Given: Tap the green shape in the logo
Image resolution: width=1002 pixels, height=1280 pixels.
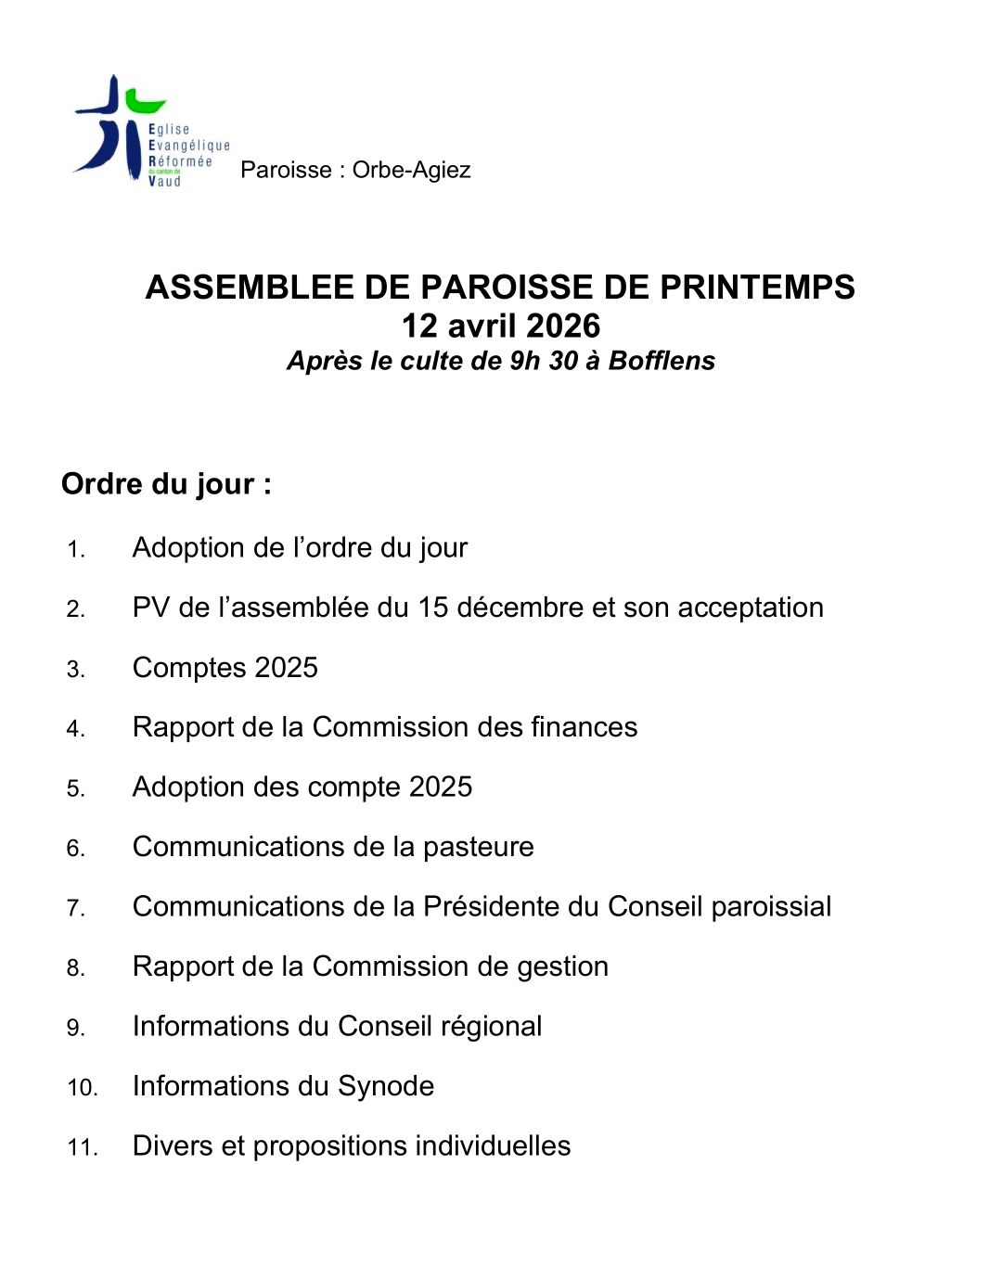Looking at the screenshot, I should (146, 101).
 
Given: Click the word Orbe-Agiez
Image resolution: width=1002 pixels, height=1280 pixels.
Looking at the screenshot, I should (411, 170).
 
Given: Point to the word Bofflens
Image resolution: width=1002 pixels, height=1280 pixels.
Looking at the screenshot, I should (662, 361).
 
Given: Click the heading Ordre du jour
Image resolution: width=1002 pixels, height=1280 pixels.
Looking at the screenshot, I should (166, 484).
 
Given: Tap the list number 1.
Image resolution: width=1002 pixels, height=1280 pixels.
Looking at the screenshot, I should (75, 550).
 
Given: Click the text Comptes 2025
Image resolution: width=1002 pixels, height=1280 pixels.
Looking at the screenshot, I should (225, 668).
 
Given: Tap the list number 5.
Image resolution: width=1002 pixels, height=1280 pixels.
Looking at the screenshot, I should (75, 789).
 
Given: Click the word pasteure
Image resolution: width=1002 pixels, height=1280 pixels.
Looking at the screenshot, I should (478, 847).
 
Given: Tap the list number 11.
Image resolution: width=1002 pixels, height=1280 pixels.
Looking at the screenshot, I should (82, 1148).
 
